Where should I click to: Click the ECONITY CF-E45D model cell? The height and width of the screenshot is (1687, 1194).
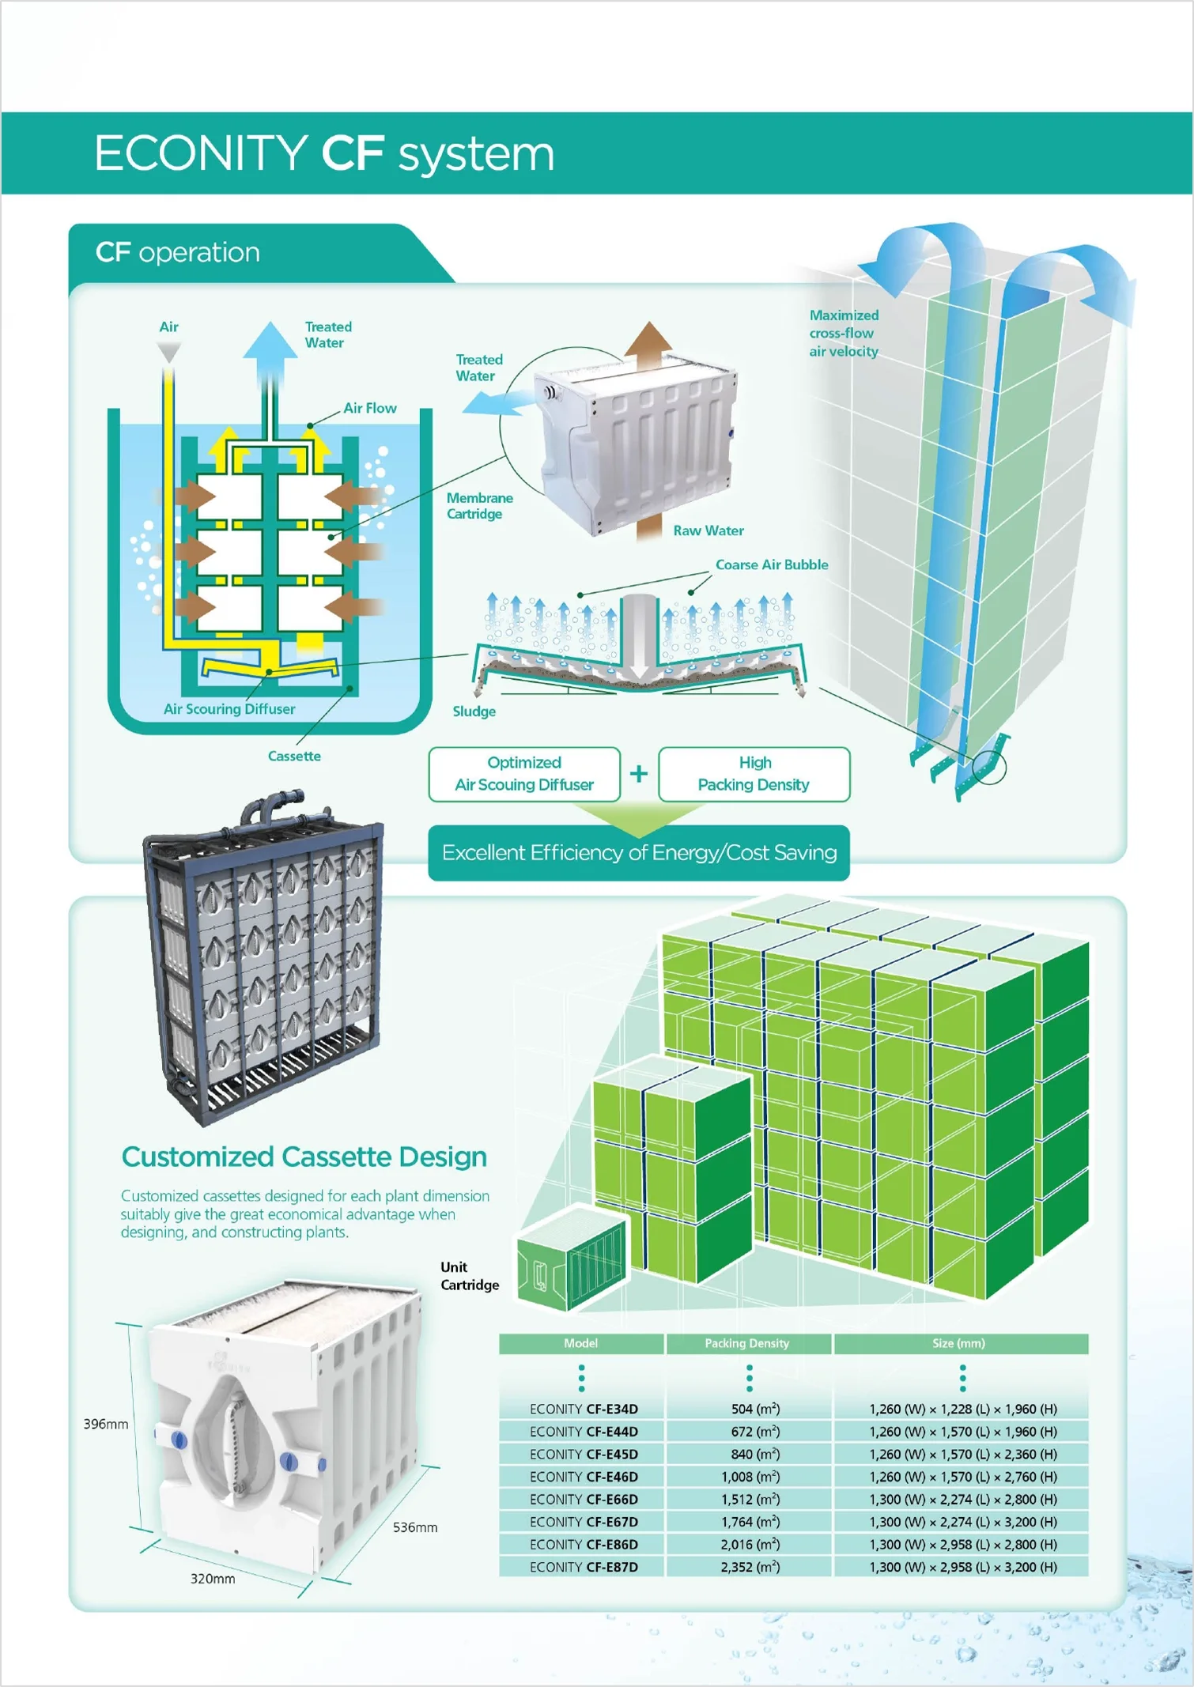pyautogui.click(x=584, y=1454)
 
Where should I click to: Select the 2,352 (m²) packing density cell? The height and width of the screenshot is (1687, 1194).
pyautogui.click(x=750, y=1567)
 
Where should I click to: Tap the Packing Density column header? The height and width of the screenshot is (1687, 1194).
pyautogui.click(x=747, y=1343)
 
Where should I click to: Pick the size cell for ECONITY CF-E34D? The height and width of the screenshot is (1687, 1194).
pyautogui.click(x=962, y=1409)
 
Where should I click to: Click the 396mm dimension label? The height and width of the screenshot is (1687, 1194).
pyautogui.click(x=106, y=1424)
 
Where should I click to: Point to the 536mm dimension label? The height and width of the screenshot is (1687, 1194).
pyautogui.click(x=415, y=1527)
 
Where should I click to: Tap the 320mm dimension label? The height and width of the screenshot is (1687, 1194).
pyautogui.click(x=213, y=1579)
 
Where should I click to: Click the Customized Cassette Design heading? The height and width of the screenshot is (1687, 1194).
pyautogui.click(x=304, y=1157)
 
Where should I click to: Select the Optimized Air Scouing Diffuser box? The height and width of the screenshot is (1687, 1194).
pyautogui.click(x=524, y=774)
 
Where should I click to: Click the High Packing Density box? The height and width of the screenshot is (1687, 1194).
pyautogui.click(x=754, y=774)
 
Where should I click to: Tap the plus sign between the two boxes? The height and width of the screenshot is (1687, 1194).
pyautogui.click(x=639, y=774)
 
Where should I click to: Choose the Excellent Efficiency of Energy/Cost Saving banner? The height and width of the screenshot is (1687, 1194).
pyautogui.click(x=639, y=853)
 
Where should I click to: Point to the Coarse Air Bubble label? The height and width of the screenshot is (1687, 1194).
pyautogui.click(x=772, y=564)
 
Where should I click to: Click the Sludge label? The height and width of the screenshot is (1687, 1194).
pyautogui.click(x=474, y=711)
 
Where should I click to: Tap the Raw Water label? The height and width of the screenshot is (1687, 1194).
pyautogui.click(x=708, y=530)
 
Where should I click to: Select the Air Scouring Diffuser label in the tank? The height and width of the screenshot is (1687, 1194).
pyautogui.click(x=229, y=709)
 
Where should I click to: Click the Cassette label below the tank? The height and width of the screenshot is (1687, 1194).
pyautogui.click(x=294, y=756)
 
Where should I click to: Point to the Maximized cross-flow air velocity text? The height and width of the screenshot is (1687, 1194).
pyautogui.click(x=844, y=333)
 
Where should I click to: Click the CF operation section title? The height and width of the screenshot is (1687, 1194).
pyautogui.click(x=178, y=252)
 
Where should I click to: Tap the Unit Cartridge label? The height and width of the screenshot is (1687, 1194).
pyautogui.click(x=470, y=1276)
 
